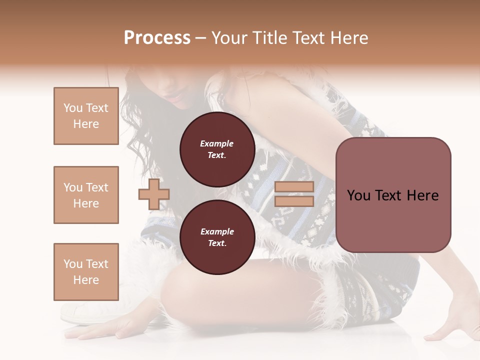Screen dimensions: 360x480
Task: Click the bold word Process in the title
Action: coord(157,38)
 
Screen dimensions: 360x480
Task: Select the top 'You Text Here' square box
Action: coord(86,116)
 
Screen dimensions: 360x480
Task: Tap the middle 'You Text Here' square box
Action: coord(86,195)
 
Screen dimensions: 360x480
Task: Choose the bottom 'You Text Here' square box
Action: coord(86,272)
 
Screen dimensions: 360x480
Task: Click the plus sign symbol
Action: coord(154,194)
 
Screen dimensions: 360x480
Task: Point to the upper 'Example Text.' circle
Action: coord(217,149)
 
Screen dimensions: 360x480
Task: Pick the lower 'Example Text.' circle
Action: coord(217,237)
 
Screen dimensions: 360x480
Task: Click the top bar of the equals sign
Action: coord(294,187)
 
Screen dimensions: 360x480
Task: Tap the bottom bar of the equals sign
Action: coord(294,201)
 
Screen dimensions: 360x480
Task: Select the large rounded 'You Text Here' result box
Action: coord(393,195)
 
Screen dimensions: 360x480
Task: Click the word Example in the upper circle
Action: coord(217,143)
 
